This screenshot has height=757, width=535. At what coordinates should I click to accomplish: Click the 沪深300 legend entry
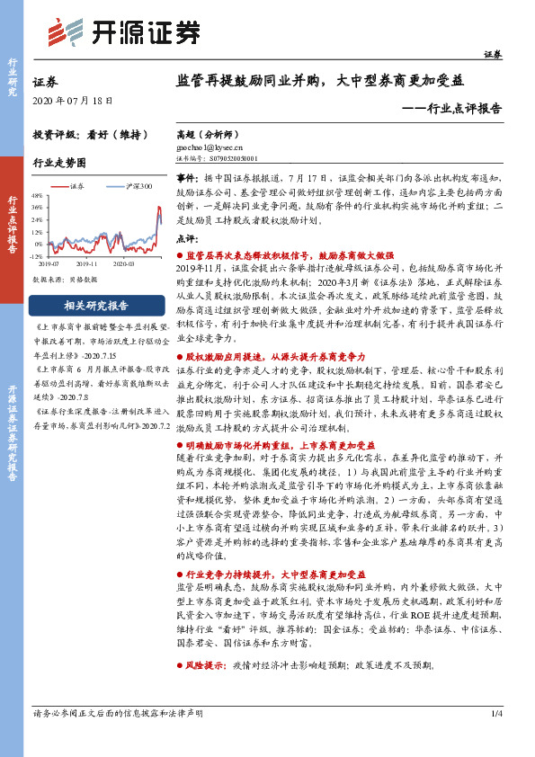click(138, 186)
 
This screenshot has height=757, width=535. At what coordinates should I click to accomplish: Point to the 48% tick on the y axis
click(37, 195)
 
